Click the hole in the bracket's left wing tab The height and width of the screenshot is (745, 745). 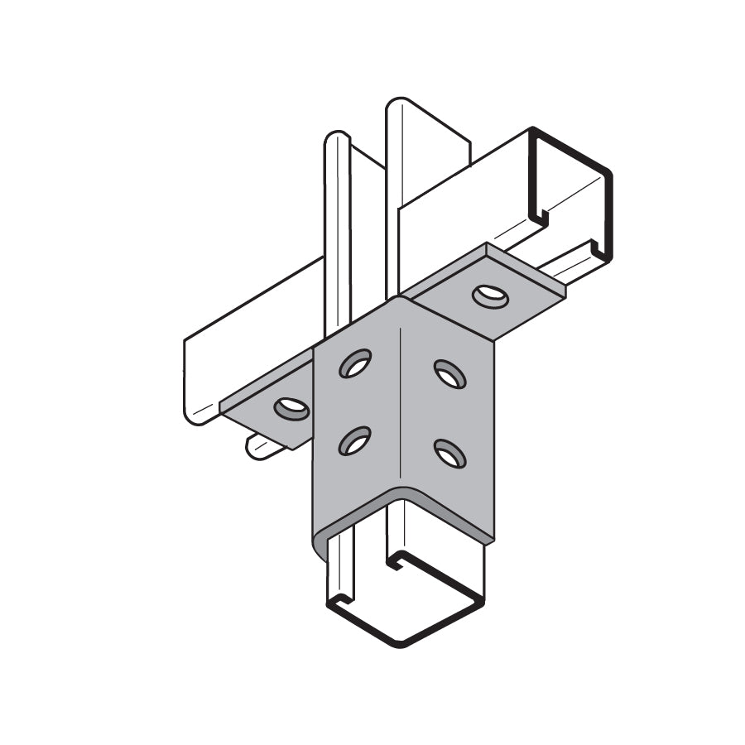coord(291,408)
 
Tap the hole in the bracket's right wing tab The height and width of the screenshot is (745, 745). coord(490,295)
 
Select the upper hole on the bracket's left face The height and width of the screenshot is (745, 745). coord(355,363)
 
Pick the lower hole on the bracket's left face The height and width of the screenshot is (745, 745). coord(354,440)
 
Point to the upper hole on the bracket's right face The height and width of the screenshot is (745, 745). coord(449,374)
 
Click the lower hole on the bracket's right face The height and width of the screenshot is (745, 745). coord(449,453)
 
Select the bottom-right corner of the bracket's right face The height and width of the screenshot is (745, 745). coord(493,540)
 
